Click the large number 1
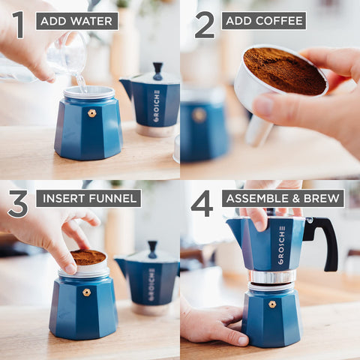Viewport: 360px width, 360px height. point(18,24)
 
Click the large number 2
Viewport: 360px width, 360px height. point(204,24)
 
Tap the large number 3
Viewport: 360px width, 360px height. point(18,203)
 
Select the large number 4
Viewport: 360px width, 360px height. point(202,203)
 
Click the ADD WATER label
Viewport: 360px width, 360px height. point(76,21)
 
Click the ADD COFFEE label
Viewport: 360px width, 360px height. point(263,21)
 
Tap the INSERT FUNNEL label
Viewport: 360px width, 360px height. point(88,199)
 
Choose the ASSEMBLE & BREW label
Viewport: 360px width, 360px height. point(283,199)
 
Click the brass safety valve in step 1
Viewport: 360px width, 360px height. point(91,113)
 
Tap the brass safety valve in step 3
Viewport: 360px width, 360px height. point(86,292)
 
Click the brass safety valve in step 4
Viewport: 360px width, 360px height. point(271,304)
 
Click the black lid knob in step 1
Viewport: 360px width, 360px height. point(157,70)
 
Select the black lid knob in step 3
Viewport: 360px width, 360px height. point(153,247)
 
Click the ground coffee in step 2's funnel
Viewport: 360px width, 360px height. point(284,72)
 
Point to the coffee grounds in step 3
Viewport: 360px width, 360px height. point(88,258)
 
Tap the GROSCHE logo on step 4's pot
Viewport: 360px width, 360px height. point(281,246)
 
